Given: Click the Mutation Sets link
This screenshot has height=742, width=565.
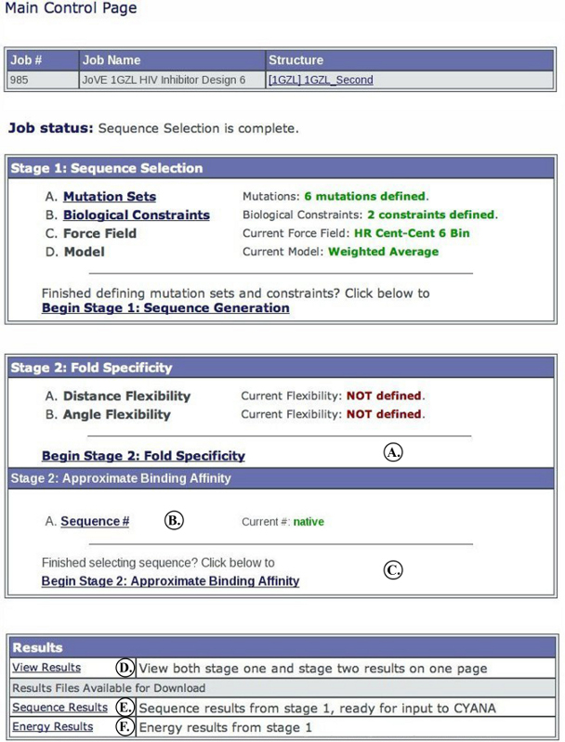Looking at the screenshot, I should [x=110, y=197].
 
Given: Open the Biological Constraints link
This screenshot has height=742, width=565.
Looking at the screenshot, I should [x=136, y=215].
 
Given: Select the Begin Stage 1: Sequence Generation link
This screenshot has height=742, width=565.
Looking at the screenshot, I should [x=165, y=307].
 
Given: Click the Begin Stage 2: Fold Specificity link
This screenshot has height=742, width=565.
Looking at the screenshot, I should [x=143, y=456].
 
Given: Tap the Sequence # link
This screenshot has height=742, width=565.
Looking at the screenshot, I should [x=95, y=522].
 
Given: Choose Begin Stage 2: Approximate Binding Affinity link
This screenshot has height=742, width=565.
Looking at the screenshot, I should [x=170, y=581].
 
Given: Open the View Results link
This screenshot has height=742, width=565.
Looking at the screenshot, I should [x=46, y=668].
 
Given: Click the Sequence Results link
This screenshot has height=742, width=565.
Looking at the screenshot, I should [x=53, y=708].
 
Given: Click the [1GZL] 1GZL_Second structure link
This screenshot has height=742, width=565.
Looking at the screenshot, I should [x=321, y=80].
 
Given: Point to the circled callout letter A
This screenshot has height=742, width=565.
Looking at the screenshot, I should [x=393, y=453].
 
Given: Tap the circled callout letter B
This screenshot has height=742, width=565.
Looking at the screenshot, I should [x=173, y=521].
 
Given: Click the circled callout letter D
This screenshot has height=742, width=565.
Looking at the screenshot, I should [x=126, y=668].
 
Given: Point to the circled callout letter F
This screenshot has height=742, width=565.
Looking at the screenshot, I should [x=126, y=727].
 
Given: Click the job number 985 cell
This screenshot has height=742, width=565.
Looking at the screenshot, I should [x=20, y=80].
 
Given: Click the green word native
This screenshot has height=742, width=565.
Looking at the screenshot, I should [x=309, y=522].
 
